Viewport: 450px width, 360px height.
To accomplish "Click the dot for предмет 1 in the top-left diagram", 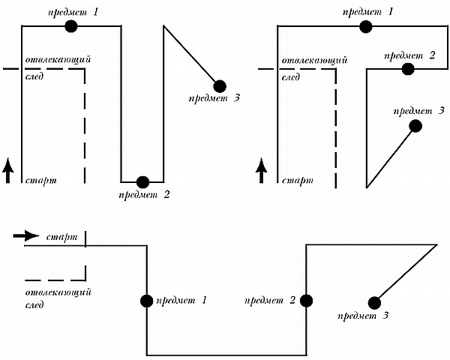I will pos(71,26).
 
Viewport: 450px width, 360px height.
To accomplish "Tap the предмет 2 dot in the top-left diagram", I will pos(142,181).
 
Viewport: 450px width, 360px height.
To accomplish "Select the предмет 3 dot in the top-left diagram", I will pos(219,85).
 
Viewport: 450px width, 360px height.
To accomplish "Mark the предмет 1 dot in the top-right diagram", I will pos(366,26).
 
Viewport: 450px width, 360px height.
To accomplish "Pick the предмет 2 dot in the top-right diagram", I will pos(408,69).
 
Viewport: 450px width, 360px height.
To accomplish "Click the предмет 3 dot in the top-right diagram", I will pos(415,126).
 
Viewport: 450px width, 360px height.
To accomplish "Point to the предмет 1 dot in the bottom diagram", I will pos(146,301).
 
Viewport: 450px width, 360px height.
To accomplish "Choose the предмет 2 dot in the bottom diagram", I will pos(306,301).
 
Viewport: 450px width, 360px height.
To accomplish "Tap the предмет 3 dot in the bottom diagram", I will pos(374,302).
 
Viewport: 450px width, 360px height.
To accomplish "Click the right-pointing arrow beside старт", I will pos(25,236).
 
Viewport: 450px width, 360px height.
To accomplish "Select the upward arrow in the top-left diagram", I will pos(8,170).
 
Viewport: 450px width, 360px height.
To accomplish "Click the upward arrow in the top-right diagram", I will pos(262,170).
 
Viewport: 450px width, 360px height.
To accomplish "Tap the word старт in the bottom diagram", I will pos(62,238).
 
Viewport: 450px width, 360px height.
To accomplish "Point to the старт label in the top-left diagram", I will pos(41,181).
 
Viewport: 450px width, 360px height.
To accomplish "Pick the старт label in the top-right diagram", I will pos(297,181).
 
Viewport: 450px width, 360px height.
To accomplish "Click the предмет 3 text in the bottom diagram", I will pos(364,315).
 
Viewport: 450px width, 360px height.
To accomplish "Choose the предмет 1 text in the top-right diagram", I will pos(368,12).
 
